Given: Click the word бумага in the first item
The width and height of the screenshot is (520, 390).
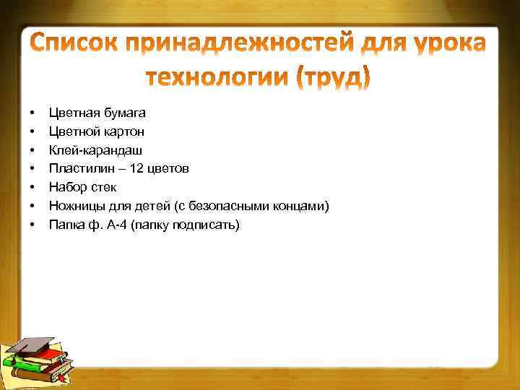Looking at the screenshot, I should (122, 113).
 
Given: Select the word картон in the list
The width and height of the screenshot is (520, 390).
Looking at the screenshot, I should (123, 131).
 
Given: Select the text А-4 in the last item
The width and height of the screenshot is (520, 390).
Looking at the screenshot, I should (116, 225).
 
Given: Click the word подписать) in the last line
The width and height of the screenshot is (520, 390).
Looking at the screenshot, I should (209, 225).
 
